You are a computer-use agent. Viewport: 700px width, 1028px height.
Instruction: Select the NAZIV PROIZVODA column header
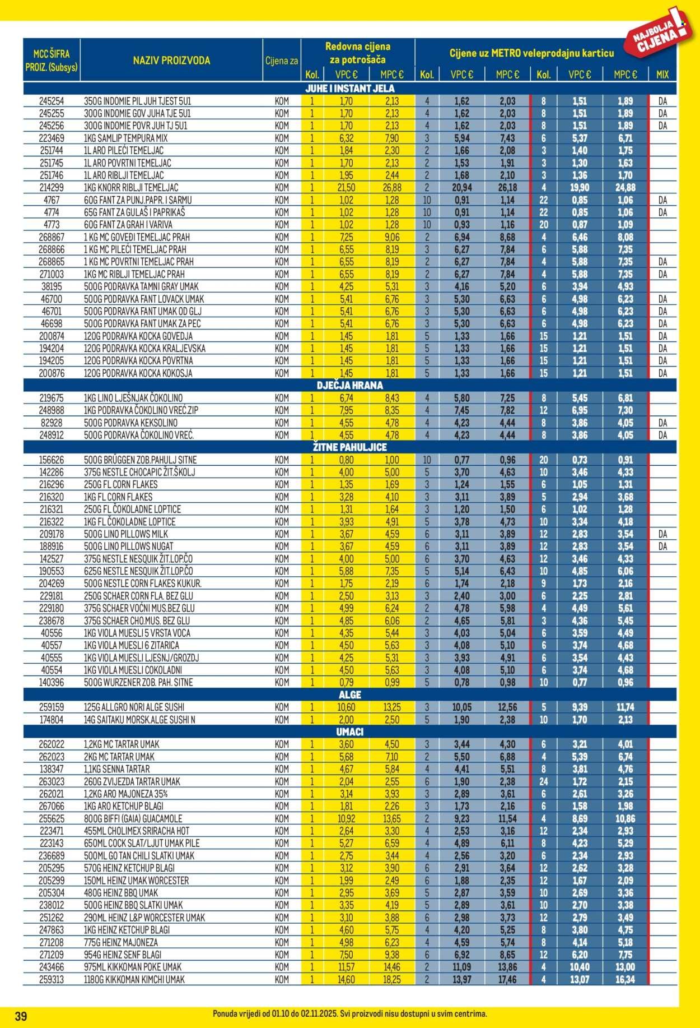click(x=171, y=61)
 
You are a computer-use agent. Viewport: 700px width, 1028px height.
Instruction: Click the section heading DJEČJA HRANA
click(x=350, y=386)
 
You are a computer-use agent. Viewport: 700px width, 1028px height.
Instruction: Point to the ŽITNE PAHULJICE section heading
click(x=350, y=447)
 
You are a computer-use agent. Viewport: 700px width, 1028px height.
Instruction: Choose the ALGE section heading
click(x=350, y=695)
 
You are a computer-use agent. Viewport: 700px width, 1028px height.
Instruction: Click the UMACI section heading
click(x=350, y=732)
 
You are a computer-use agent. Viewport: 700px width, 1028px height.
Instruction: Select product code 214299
click(x=52, y=188)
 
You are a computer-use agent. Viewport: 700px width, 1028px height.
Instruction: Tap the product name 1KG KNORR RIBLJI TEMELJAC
click(x=130, y=188)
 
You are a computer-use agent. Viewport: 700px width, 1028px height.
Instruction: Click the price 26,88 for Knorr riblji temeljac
click(x=392, y=188)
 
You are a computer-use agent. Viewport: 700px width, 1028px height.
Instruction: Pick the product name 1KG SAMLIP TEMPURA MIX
click(x=125, y=138)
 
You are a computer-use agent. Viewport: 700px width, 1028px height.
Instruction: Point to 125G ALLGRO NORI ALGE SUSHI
click(x=134, y=707)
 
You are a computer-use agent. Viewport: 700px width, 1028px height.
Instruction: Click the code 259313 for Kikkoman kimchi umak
click(x=52, y=979)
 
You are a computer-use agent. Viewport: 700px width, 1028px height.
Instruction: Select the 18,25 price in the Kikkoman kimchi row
click(x=392, y=979)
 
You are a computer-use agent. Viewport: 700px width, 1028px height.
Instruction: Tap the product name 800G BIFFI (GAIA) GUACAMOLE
click(x=133, y=818)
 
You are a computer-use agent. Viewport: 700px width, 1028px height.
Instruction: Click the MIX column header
click(x=662, y=75)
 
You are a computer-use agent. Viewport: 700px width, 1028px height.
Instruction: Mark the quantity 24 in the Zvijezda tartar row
click(x=543, y=781)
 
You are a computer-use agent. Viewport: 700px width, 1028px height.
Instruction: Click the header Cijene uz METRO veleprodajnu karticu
click(x=531, y=53)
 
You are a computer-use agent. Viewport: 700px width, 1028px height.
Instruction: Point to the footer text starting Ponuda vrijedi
click(x=350, y=1014)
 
